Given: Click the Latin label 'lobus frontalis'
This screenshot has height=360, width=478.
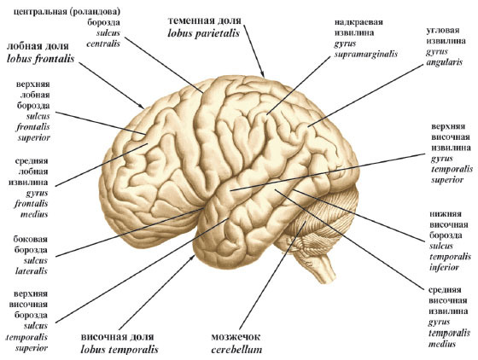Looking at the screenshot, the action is [x=41, y=59].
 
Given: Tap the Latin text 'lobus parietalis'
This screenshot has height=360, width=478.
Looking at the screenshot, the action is [x=204, y=33].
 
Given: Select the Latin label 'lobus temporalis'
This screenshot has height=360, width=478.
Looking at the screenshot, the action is [x=119, y=349].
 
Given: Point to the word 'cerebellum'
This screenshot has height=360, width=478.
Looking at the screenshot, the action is [x=236, y=350].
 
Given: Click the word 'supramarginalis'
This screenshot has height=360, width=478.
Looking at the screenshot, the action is [x=366, y=55].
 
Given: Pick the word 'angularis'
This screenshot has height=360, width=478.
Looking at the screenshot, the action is [x=444, y=62].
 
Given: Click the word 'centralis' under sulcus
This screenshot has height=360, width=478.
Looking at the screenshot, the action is [x=103, y=44].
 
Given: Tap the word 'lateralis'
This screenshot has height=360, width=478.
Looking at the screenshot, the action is [x=32, y=270].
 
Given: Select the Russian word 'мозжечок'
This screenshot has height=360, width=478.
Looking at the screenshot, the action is [x=236, y=337].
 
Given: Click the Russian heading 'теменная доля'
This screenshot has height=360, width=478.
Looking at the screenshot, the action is [x=205, y=20].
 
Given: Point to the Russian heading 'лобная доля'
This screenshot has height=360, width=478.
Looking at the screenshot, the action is [x=38, y=46].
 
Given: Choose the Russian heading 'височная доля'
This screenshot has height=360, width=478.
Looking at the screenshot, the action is [x=118, y=337].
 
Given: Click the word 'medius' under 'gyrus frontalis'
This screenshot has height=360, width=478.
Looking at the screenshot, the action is [x=34, y=214].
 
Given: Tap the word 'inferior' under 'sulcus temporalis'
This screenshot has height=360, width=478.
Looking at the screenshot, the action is [x=444, y=267].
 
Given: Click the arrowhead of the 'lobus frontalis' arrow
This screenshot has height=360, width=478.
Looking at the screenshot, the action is [x=142, y=106].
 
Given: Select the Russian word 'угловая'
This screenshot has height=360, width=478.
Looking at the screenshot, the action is [x=443, y=31].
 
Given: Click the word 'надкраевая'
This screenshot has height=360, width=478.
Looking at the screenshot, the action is [x=358, y=22].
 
